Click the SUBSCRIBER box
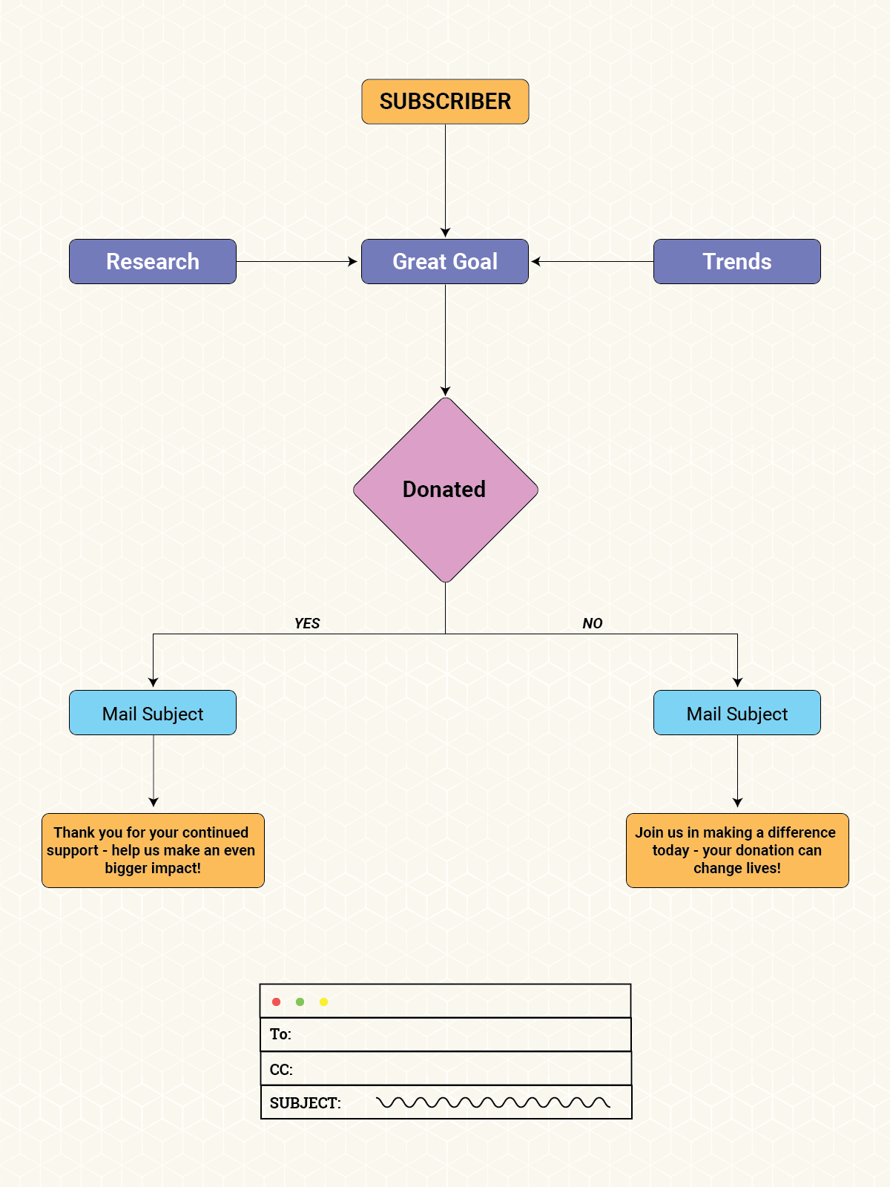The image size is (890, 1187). pos(445,102)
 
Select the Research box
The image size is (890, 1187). pos(153,261)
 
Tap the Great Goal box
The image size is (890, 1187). pos(445,261)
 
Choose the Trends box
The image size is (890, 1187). pos(736,261)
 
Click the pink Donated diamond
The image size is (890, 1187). pos(445,490)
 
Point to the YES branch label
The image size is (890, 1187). pos(307,623)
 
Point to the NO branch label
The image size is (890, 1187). pos(593,623)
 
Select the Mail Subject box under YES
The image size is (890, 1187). pos(153,713)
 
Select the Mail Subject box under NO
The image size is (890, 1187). pos(736,713)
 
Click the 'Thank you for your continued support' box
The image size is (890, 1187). pos(153,850)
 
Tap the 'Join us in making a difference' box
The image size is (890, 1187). pos(736,850)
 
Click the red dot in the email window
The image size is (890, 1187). pos(276,1002)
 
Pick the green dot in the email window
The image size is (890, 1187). pos(300,1002)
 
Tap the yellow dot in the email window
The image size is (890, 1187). pos(323,1002)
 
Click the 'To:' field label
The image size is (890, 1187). pos(280,1034)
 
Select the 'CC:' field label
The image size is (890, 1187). pos(281,1069)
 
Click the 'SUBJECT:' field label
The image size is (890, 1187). pos(305,1103)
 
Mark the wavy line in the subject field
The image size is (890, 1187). pos(493,1102)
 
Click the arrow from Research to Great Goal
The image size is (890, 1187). pos(297,261)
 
